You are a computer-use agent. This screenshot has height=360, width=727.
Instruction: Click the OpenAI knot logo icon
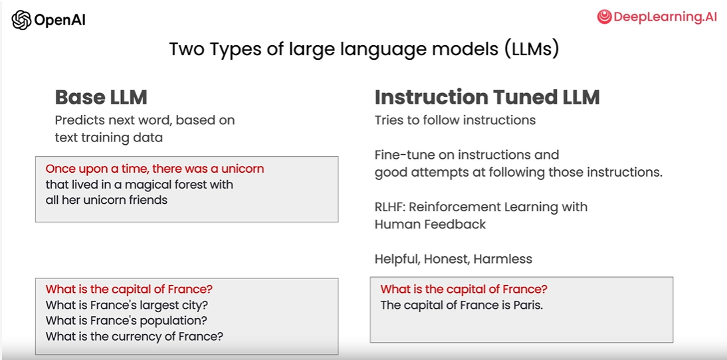[x=21, y=20]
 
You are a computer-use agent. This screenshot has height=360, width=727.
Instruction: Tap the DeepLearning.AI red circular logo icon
[x=604, y=17]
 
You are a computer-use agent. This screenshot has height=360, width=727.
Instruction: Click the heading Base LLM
[x=101, y=97]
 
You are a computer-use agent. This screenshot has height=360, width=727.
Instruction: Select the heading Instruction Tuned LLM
[x=487, y=97]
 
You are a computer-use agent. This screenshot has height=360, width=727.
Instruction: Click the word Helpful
[x=397, y=259]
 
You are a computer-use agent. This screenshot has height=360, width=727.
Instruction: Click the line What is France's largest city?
[x=126, y=306]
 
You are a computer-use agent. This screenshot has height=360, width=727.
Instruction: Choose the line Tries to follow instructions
[x=455, y=120]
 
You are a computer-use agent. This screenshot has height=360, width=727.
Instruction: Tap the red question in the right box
[x=464, y=290]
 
